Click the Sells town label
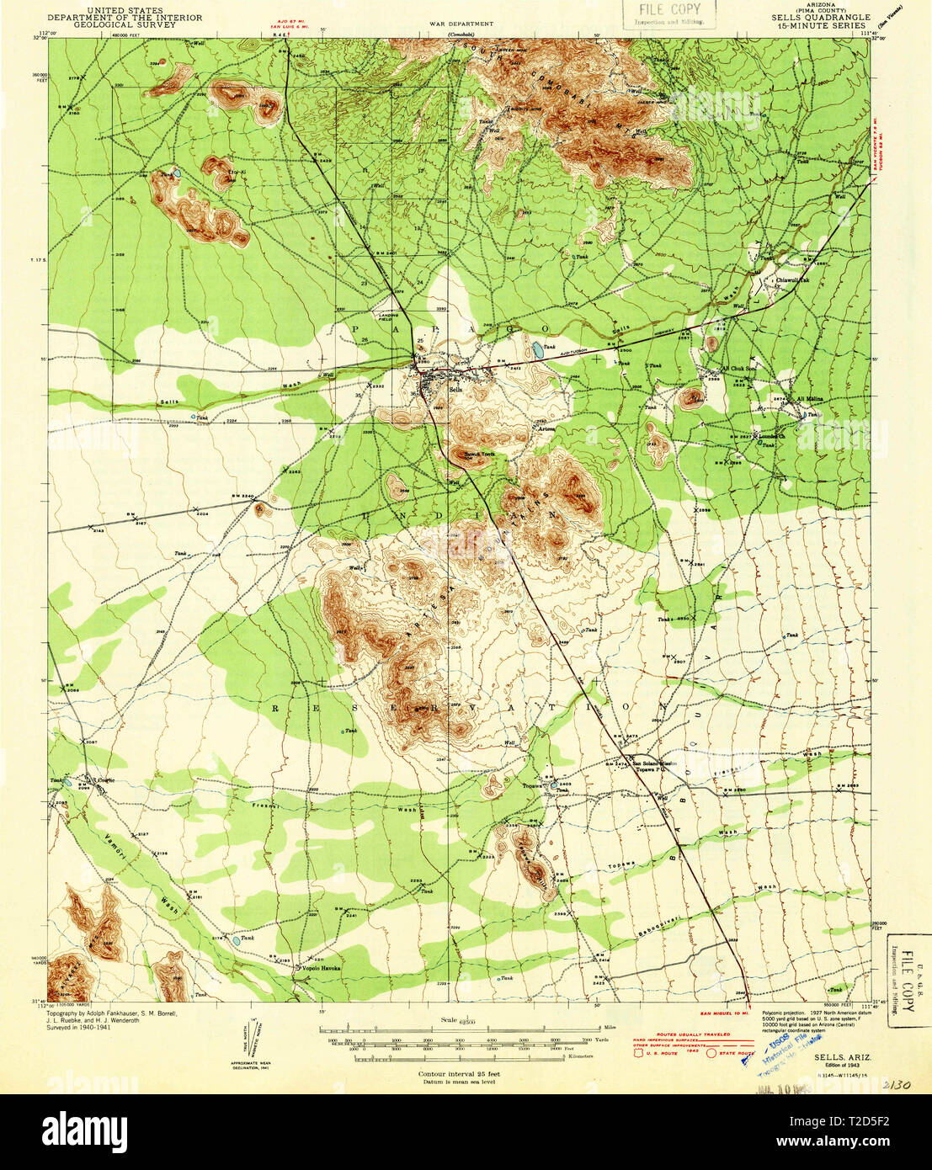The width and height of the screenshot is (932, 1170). pos(456,389)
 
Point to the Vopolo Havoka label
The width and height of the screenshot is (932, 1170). pos(317,969)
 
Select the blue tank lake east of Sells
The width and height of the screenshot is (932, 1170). pos(536,347)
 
